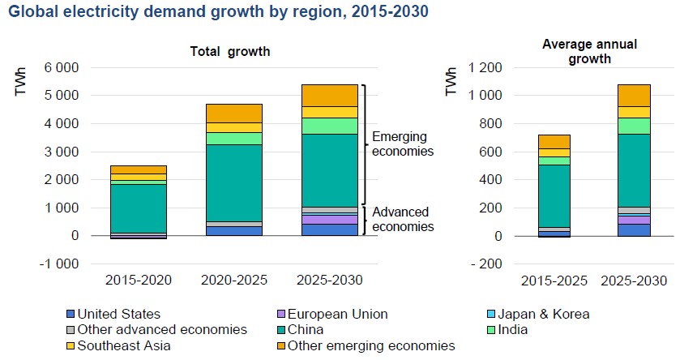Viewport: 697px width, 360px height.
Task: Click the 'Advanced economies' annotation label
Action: [403, 219]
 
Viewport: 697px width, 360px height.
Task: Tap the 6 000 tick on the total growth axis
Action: [62, 67]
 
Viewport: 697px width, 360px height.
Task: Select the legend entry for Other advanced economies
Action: [162, 330]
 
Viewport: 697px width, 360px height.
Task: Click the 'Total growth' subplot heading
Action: [229, 51]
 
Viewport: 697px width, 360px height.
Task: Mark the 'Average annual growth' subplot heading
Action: [577, 50]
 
